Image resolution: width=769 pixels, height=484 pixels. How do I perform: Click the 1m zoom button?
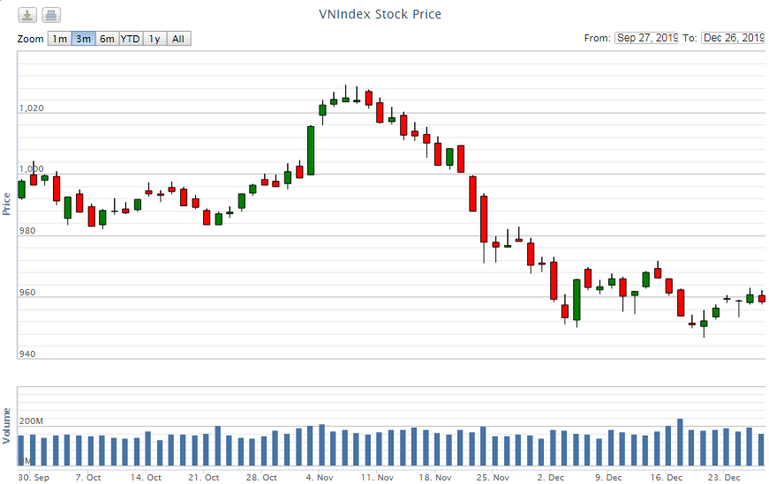click(59, 39)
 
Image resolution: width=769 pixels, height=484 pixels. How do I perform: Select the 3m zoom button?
click(83, 39)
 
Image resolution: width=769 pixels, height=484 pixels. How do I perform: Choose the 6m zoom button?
click(107, 39)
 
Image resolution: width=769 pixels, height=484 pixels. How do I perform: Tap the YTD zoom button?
click(130, 39)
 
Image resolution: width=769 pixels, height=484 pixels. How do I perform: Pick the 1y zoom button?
click(155, 39)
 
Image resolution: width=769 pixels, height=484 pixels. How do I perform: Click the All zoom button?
click(178, 39)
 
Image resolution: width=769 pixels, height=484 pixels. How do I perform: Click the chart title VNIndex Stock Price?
click(380, 14)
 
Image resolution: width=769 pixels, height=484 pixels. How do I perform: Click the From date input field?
click(646, 38)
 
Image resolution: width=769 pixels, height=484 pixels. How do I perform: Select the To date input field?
click(733, 38)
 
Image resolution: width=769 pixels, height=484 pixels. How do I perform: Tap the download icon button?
click(28, 15)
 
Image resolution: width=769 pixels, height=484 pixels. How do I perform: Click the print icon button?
click(51, 15)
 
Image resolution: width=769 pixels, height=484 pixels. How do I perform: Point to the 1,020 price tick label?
click(31, 108)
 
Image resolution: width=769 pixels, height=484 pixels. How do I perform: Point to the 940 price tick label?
click(26, 354)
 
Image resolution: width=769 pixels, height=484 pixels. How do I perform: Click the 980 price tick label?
click(26, 231)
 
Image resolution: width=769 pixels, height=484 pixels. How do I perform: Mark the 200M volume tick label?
click(31, 421)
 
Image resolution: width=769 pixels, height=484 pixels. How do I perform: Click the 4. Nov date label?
click(319, 477)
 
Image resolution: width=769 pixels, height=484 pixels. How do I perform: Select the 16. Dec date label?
click(667, 477)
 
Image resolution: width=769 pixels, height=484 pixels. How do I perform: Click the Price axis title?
click(7, 205)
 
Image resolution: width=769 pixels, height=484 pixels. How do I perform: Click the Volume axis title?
click(7, 425)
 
